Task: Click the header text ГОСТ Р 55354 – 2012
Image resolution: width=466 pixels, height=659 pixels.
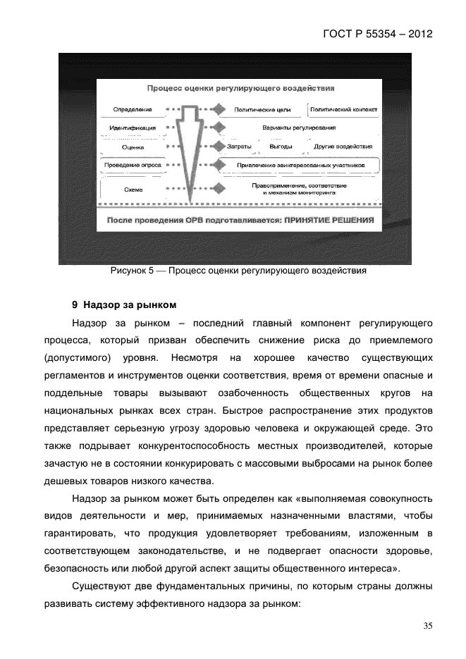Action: [x=377, y=33]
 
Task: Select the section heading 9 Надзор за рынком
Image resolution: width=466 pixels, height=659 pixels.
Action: [x=123, y=305]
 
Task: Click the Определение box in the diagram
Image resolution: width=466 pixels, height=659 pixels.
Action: [x=133, y=110]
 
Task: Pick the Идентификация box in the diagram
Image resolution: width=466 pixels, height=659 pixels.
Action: [x=133, y=128]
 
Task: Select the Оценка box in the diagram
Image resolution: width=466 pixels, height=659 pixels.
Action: [x=133, y=147]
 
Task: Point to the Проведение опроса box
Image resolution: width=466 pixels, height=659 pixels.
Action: [x=133, y=165]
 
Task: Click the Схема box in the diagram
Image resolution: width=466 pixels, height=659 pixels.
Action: [x=133, y=189]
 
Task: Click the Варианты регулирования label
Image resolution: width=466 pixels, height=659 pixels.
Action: [x=299, y=128]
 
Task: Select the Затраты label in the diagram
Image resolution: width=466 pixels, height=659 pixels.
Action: [x=240, y=147]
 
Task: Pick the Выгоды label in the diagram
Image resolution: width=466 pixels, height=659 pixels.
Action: [x=281, y=147]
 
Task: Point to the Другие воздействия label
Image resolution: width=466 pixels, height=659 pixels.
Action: [x=334, y=147]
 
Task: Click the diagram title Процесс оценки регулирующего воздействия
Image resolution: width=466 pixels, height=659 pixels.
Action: [x=240, y=89]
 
